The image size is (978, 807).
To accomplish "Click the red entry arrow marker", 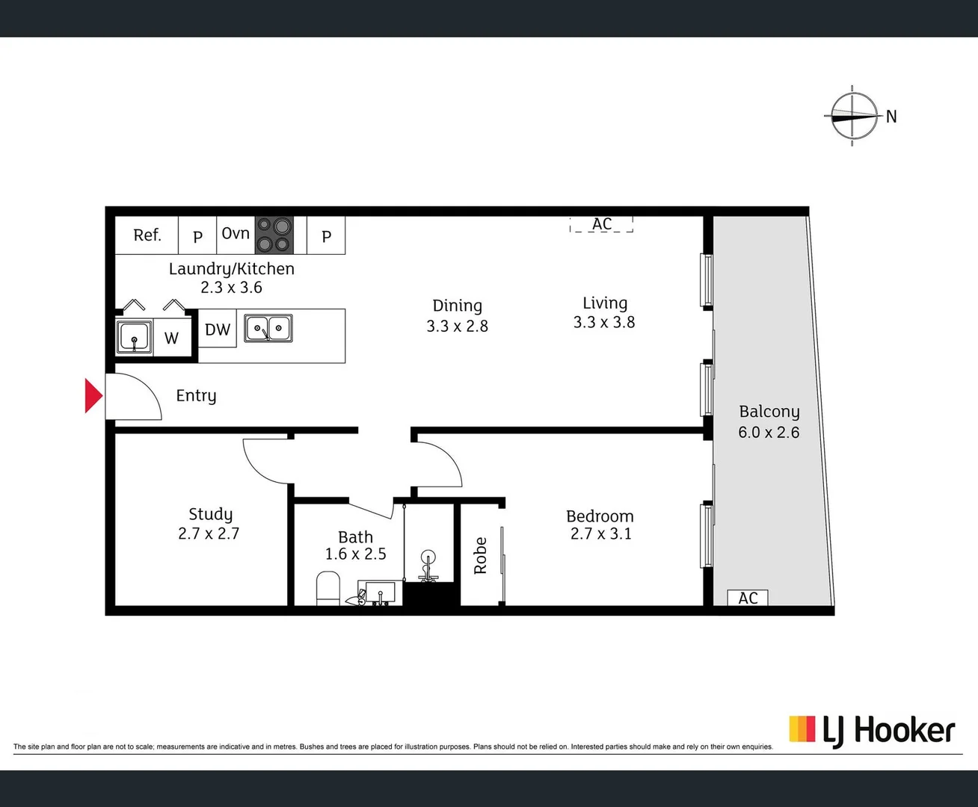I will pyautogui.click(x=93, y=396).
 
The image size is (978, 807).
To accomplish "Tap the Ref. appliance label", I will pyautogui.click(x=147, y=235).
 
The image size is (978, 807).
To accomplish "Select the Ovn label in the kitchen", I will pyautogui.click(x=236, y=234).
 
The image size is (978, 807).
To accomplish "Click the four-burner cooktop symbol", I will pyautogui.click(x=274, y=235).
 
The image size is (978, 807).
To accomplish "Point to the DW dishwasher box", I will pyautogui.click(x=218, y=330).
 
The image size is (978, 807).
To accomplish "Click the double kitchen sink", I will pyautogui.click(x=268, y=329).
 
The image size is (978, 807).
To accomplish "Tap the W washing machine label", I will pyautogui.click(x=172, y=338).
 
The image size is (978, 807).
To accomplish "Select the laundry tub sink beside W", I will pyautogui.click(x=135, y=337).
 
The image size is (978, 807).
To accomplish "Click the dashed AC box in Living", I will pyautogui.click(x=601, y=224).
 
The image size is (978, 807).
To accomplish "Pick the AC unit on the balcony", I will pyautogui.click(x=748, y=598).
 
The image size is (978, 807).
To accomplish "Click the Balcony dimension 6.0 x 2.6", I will pyautogui.click(x=769, y=433).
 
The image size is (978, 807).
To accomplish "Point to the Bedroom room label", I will pyautogui.click(x=600, y=516).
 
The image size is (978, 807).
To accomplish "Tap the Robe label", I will pyautogui.click(x=480, y=556).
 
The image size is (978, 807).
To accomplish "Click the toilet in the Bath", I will pyautogui.click(x=328, y=588).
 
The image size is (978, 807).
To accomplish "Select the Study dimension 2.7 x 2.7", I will pyautogui.click(x=209, y=534).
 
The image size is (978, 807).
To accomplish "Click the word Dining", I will pyautogui.click(x=457, y=306).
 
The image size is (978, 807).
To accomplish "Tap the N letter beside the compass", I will pyautogui.click(x=891, y=117).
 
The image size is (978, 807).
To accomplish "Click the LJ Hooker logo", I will pyautogui.click(x=872, y=730).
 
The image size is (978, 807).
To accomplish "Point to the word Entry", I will pyautogui.click(x=196, y=396).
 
